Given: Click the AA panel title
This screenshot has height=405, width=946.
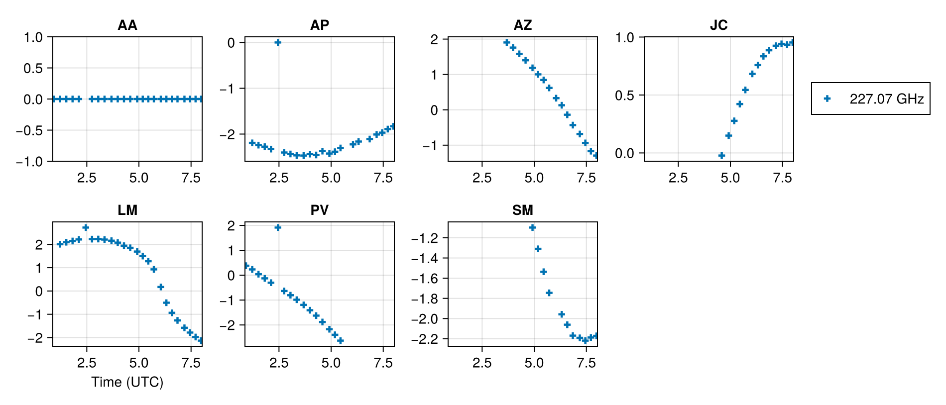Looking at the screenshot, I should coord(127,25).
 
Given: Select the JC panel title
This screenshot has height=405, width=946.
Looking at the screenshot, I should coord(718,25).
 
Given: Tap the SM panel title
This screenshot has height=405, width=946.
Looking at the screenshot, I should coord(522,210).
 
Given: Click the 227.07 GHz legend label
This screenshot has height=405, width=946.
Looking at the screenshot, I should coord(886,99).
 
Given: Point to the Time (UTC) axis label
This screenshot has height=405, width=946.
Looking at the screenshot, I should coord(127,382).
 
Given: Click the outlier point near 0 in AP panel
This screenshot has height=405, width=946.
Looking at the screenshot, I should coord(278,42).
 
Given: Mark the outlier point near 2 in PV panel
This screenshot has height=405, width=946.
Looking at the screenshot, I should coord(278,227).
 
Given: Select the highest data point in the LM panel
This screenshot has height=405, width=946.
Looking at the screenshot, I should coord(86,227).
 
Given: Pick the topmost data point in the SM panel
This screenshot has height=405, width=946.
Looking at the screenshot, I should coord(532,227).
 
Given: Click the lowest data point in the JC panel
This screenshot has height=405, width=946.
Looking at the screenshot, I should coord(721,156).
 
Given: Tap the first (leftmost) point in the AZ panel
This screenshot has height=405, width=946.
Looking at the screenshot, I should coord(507,42).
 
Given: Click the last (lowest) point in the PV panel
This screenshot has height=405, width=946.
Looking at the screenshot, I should coord(341,341).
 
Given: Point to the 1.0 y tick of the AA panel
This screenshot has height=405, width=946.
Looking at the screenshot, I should coord(33,37).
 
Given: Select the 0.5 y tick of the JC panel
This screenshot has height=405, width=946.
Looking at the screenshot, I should coord(624,96).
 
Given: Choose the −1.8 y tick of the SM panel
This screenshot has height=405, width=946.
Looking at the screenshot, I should coord(424,299).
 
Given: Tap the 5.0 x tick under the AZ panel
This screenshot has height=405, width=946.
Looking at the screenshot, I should coord(534,178).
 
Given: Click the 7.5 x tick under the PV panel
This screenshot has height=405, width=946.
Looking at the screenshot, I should coord(383,363).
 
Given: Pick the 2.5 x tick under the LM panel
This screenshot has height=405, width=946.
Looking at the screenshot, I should coord(87,363).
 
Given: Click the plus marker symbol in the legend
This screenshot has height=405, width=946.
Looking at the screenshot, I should coord(827,99).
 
